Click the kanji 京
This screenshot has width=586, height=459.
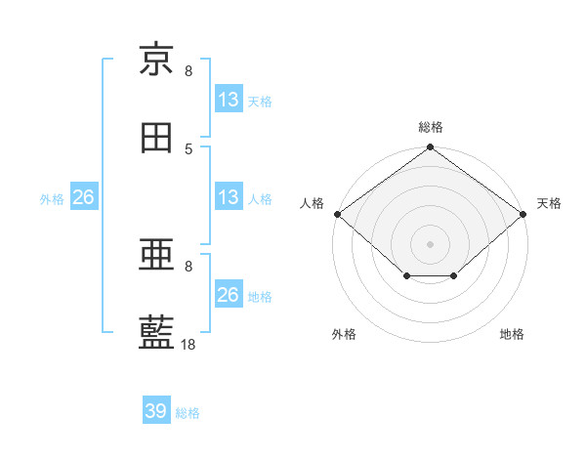point(156,59)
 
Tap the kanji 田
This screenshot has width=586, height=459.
point(156,138)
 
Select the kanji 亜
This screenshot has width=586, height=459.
point(156,254)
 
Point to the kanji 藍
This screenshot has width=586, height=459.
point(156,332)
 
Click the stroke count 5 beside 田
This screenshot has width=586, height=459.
point(188,149)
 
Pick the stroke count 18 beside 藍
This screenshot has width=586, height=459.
point(188,344)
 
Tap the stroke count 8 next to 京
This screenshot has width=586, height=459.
point(188,70)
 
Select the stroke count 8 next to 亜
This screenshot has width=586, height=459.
point(188,267)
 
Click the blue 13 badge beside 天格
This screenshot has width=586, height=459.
point(229,99)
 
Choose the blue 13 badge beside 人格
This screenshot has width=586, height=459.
point(229,196)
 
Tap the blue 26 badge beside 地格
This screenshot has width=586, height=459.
point(229,293)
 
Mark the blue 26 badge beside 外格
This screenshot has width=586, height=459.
point(84,196)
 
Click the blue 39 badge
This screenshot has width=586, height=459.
point(156,409)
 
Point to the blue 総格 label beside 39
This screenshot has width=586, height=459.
point(188,413)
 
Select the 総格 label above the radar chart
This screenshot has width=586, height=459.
point(431,127)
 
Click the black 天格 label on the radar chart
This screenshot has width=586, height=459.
point(549,203)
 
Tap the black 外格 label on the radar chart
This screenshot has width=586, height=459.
point(344,334)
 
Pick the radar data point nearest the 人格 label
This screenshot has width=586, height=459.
point(338,214)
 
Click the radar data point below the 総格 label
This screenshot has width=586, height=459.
point(430,146)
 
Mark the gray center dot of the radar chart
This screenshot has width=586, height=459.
point(430,244)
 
